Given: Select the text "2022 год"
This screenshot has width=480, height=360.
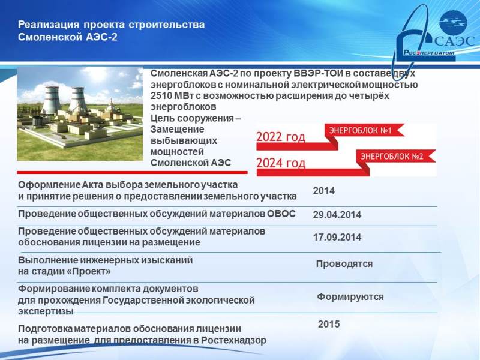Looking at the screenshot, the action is click(281, 137).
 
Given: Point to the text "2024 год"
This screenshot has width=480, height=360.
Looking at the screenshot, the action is click(281, 163).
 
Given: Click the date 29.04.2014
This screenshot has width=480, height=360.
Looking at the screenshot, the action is click(337, 215).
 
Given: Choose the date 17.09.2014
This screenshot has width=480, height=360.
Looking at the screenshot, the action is click(337, 237).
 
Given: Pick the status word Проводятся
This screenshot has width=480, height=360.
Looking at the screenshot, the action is click(344, 264).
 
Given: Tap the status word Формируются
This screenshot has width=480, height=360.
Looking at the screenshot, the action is click(350, 296).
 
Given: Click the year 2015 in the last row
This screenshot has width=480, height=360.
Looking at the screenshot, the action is click(329, 324).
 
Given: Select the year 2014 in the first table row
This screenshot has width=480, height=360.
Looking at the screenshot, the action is click(324, 191).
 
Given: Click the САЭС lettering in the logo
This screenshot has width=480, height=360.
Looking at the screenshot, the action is click(455, 41).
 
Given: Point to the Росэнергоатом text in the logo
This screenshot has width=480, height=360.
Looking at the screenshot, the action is click(428, 53).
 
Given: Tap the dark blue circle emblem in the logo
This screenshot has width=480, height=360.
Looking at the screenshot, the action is click(453, 22).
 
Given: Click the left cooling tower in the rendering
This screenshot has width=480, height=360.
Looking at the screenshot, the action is click(52, 100).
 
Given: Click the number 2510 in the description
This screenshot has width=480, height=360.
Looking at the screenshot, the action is click(161, 96).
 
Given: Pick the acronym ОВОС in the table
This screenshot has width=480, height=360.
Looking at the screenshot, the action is click(281, 214).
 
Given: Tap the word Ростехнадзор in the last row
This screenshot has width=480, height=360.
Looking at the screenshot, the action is click(234, 340).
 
